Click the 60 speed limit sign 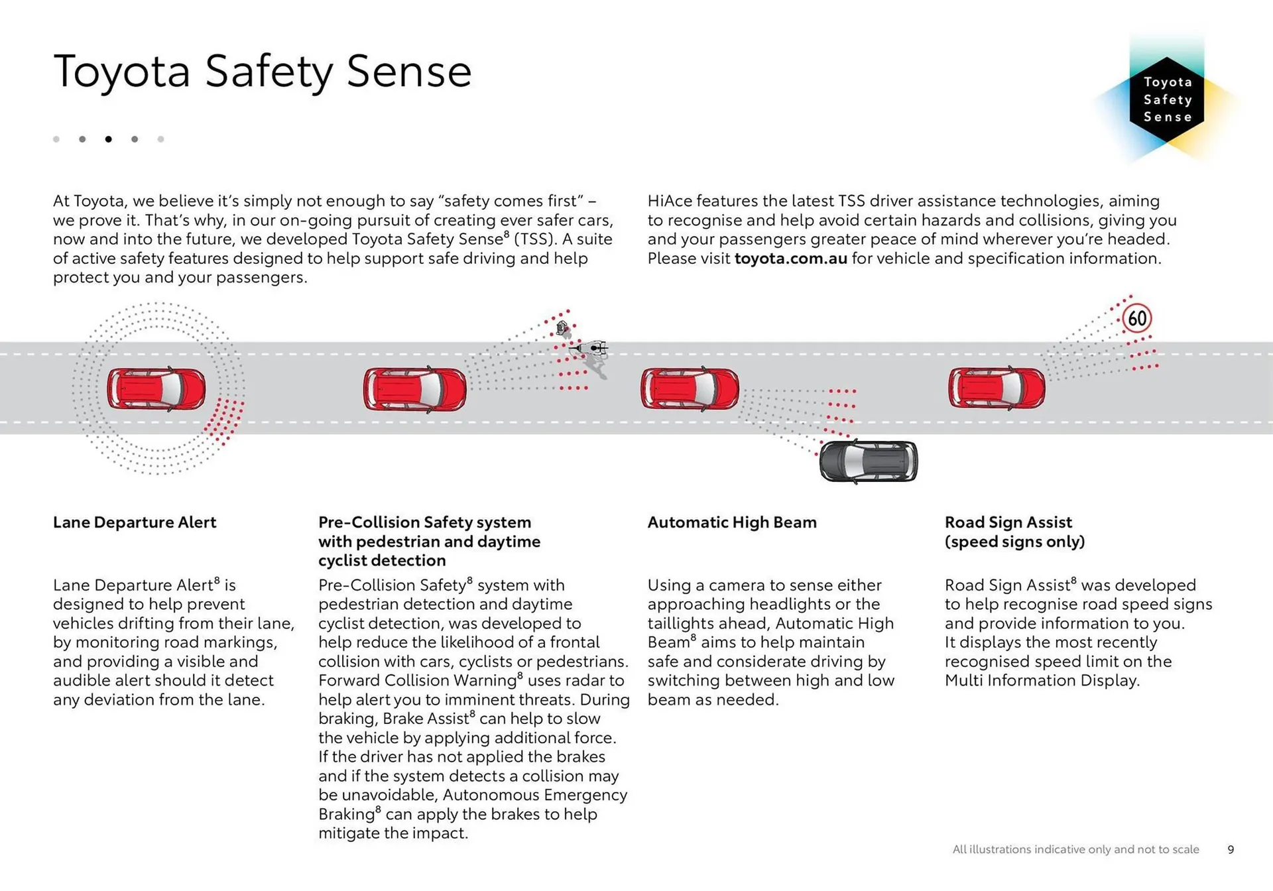(1137, 319)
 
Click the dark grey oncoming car (869, 461)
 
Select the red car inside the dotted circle (156, 388)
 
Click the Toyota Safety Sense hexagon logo (1167, 99)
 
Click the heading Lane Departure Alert (135, 522)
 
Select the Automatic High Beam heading (732, 522)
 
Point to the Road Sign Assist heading (1014, 532)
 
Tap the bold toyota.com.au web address (790, 259)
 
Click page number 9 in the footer (1231, 849)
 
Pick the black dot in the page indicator (108, 139)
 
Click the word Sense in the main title (408, 72)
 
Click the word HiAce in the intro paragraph (670, 201)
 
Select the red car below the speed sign (997, 388)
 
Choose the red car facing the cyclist (414, 389)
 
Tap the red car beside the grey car (690, 388)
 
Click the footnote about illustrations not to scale (1075, 849)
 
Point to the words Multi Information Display (1042, 681)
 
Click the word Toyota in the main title (122, 72)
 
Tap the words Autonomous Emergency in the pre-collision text (534, 795)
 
